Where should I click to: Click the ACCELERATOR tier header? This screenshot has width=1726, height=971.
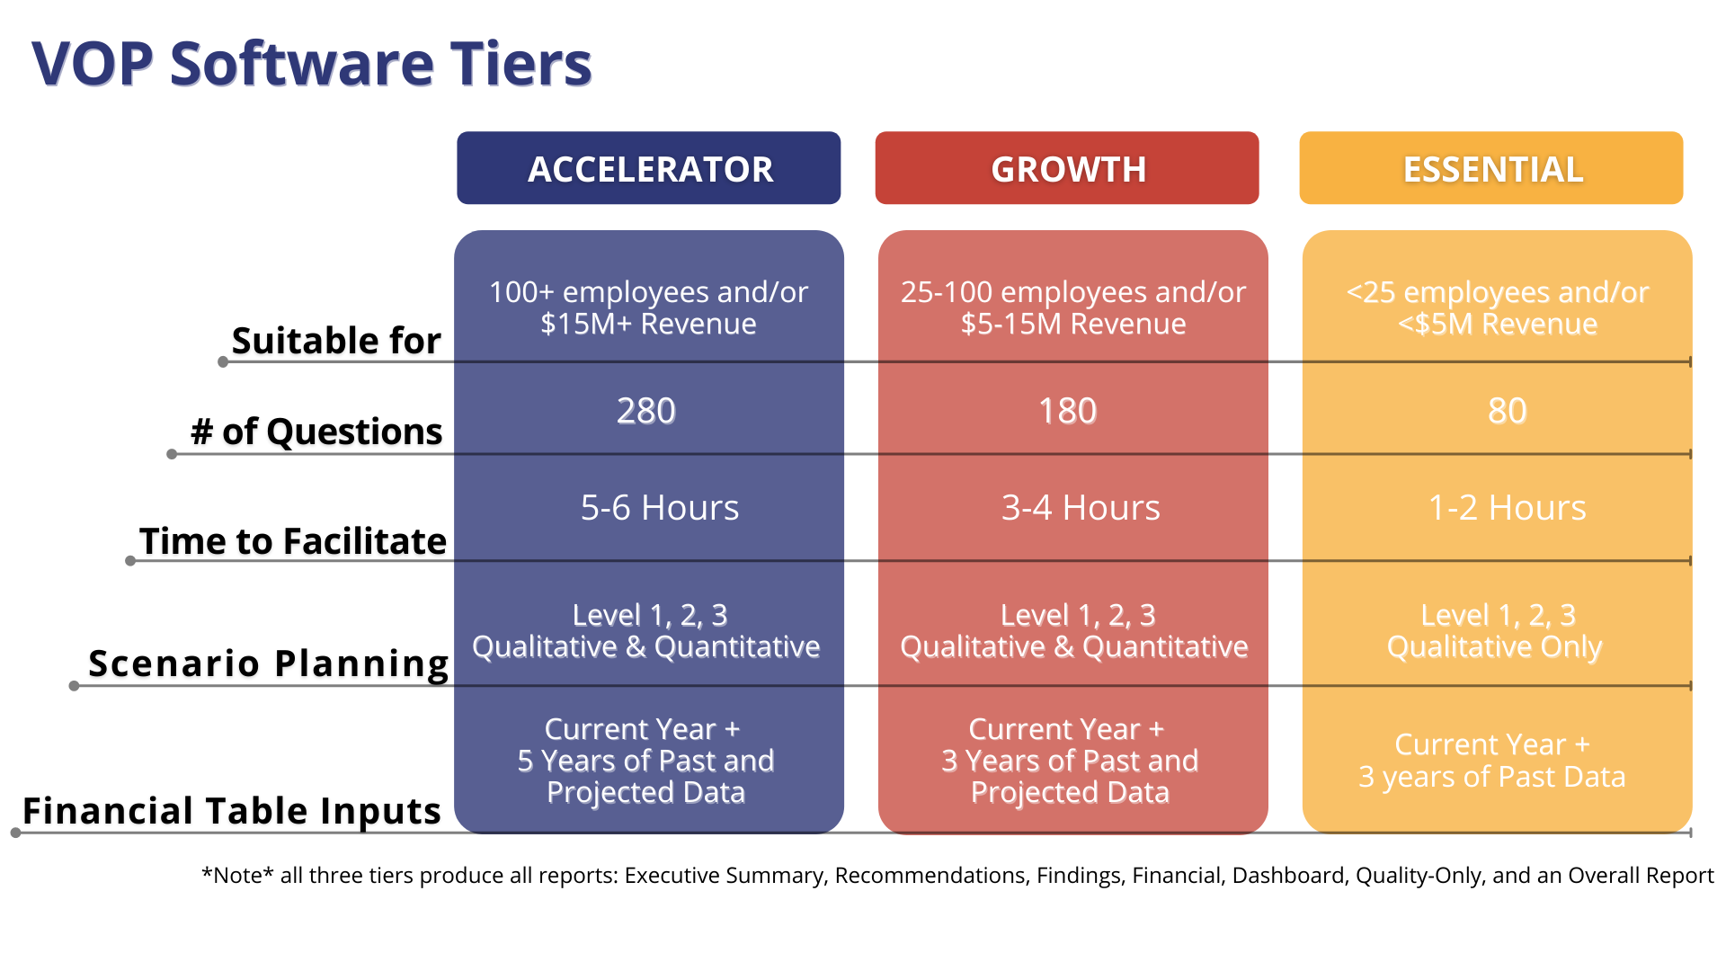point(649,168)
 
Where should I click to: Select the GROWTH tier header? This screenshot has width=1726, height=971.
point(1067,168)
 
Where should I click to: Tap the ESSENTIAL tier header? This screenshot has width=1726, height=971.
point(1491,168)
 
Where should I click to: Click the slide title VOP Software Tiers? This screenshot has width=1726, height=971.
point(312,64)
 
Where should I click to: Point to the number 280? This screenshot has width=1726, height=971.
point(645,411)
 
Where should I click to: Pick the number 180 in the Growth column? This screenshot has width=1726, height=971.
point(1068,411)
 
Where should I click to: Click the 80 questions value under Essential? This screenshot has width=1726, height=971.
point(1508,411)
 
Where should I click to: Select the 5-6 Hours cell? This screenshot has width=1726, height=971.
point(660,508)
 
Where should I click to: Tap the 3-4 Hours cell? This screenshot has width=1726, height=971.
point(1081,508)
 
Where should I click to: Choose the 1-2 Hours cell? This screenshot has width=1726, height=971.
point(1508,508)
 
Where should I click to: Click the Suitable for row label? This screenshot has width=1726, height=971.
point(336,341)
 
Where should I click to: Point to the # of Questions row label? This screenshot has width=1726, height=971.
point(316,432)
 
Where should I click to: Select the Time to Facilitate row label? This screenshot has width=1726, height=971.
point(293,541)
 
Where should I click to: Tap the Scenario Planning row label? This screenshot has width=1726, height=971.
point(268,664)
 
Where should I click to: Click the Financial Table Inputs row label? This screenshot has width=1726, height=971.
point(232,811)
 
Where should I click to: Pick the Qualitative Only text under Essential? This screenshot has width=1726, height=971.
point(1494,647)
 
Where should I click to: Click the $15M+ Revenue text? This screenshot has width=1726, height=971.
point(648,324)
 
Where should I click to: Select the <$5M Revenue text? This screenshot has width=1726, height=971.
point(1498,324)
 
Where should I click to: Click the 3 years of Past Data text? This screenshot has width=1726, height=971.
point(1492,777)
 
